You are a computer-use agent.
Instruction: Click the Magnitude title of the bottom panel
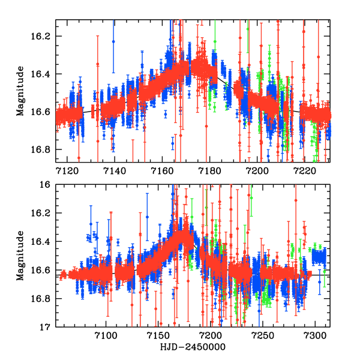[x=20, y=256]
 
